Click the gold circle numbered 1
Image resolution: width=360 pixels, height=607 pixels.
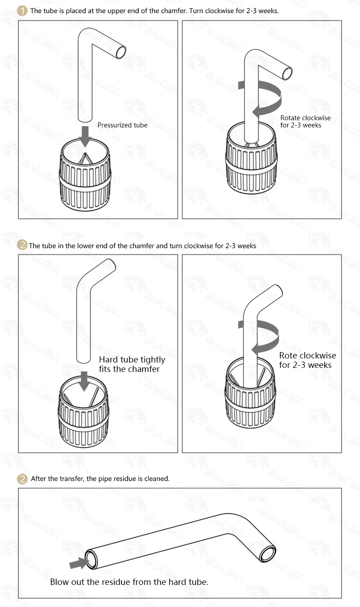pos(22,11)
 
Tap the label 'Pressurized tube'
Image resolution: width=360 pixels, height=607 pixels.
pos(122,125)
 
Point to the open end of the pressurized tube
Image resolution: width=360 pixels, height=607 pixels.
pos(121,52)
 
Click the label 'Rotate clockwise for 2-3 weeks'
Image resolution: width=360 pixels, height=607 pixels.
pos(305,122)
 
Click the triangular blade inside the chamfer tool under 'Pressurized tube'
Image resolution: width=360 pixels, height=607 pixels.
pos(85,159)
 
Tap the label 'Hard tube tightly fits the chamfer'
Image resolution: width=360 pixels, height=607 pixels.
pos(132,364)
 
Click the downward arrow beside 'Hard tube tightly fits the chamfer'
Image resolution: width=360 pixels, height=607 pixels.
pos(84,381)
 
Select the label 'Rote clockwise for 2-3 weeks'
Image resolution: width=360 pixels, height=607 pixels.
pos(307,360)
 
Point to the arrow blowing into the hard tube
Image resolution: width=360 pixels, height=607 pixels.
pos(78,563)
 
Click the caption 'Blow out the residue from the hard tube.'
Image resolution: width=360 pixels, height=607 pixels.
pos(129,582)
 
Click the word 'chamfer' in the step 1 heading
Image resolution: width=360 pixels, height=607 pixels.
pos(174,11)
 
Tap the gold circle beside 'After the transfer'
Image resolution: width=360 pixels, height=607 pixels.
pos(22,479)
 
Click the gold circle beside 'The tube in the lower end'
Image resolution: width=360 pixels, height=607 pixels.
pos(22,245)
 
